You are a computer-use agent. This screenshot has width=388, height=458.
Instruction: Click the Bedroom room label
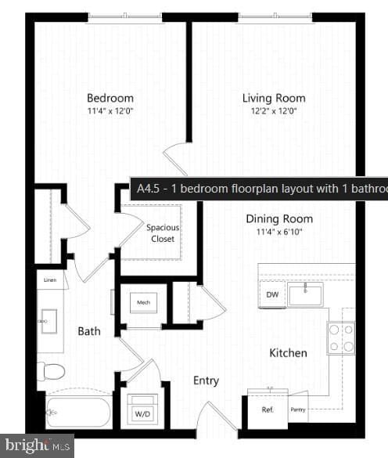(x=110, y=98)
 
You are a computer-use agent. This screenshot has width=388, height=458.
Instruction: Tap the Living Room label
(x=273, y=98)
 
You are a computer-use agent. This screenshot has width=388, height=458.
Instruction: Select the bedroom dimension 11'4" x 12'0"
(x=110, y=110)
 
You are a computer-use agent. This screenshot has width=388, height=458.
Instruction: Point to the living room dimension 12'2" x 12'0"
(x=273, y=110)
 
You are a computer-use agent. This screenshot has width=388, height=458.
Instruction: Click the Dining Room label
(x=279, y=219)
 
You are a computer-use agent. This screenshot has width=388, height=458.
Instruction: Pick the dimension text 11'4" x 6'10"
(x=279, y=232)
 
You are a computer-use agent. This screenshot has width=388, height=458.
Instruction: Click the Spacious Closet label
(x=163, y=233)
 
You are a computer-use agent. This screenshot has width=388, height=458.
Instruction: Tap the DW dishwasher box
(x=271, y=294)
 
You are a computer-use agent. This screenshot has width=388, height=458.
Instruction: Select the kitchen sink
(x=306, y=295)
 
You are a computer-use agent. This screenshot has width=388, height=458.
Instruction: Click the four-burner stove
(x=340, y=337)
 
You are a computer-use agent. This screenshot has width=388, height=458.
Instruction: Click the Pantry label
(x=297, y=409)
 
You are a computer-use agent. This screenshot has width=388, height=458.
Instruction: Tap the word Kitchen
(x=288, y=353)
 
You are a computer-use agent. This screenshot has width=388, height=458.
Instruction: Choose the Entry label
(x=206, y=380)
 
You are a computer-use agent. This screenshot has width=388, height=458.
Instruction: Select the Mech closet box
(x=143, y=302)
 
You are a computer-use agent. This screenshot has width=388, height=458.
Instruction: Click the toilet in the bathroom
(x=52, y=370)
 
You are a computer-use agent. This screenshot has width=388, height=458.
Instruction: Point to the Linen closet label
(x=49, y=279)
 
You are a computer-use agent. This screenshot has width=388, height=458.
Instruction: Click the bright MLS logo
(x=37, y=445)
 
